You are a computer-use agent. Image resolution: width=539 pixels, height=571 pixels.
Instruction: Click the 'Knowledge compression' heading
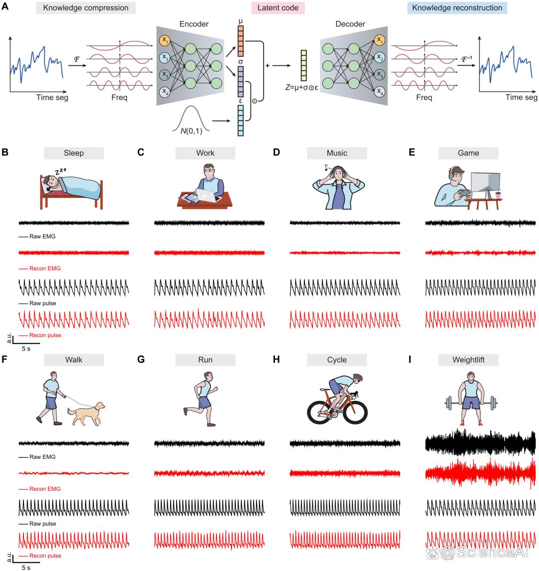coord(86,8)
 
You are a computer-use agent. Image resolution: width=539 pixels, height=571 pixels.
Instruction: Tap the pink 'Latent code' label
coord(277,8)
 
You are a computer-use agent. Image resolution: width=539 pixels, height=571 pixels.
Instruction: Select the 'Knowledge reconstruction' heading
coord(457,8)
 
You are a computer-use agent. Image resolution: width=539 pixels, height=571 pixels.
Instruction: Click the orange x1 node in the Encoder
coord(165,40)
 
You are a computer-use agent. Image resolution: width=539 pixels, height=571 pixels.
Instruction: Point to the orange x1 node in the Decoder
coord(379,40)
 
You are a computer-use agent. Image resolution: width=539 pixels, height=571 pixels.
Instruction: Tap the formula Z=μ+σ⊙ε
coord(301,88)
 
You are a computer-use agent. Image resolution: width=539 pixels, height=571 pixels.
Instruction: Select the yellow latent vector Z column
coord(303,65)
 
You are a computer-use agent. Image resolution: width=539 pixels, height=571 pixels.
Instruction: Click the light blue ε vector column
coord(241,121)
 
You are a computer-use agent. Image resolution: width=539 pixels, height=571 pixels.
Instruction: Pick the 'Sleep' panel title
coord(74,153)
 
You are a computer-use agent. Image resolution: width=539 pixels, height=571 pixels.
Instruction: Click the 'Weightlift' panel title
coord(468,360)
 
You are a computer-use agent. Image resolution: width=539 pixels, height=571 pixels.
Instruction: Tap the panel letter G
coord(141,360)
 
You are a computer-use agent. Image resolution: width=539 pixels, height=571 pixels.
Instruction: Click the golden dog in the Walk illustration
coord(86,414)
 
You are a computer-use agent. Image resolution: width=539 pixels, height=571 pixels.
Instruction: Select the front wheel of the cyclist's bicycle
coord(355,412)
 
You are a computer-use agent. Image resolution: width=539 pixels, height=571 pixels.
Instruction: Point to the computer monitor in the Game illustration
coord(486,182)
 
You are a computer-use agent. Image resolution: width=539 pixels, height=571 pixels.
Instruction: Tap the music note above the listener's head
coord(326,168)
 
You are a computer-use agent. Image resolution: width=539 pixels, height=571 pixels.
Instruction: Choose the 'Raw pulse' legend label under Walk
coord(42,524)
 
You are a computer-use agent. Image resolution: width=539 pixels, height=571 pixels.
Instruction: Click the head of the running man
coord(208,377)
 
